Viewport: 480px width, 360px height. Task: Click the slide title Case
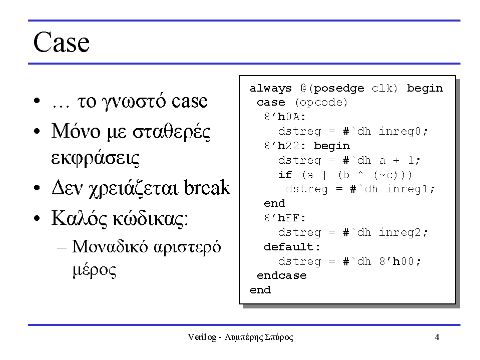point(61,42)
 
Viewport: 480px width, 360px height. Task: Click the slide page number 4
point(437,337)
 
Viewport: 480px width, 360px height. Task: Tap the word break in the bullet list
point(207,187)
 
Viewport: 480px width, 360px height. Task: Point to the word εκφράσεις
point(95,158)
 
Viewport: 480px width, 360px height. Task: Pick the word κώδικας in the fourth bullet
point(148,219)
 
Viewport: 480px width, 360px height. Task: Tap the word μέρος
point(94,270)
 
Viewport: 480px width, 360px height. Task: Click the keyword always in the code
point(271,89)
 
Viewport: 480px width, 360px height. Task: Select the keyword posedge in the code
point(339,89)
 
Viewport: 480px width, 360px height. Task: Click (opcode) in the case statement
point(321,103)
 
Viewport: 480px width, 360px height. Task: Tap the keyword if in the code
point(285,175)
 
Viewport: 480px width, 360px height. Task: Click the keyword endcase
point(282,275)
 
